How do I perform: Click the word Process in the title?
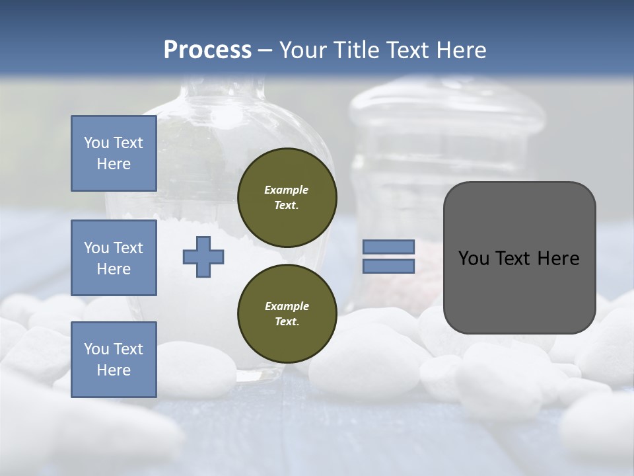tap(207, 50)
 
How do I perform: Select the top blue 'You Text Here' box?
tap(114, 153)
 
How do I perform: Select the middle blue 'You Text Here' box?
tap(114, 258)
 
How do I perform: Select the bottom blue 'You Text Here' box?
tap(114, 359)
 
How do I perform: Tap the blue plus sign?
tap(203, 257)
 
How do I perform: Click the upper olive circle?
tap(287, 198)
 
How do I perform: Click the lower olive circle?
tap(287, 314)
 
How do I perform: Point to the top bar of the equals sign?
tap(388, 247)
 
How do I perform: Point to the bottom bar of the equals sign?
tap(388, 266)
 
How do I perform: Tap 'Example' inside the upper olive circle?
tap(287, 190)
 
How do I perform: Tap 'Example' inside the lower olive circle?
tap(287, 306)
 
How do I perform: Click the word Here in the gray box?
tap(558, 258)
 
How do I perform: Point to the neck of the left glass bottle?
tap(223, 89)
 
